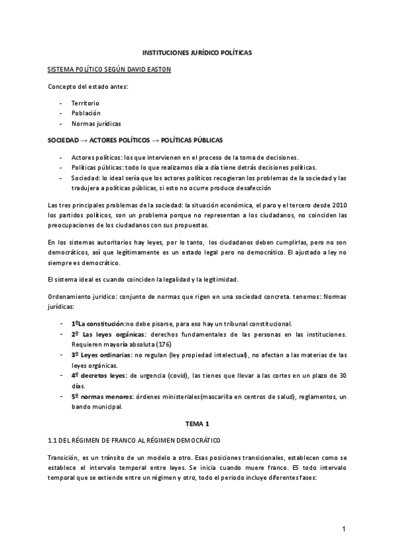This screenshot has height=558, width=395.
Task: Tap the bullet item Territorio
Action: pyautogui.click(x=86, y=104)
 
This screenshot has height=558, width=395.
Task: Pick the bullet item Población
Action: pyautogui.click(x=86, y=113)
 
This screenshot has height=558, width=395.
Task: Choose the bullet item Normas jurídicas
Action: pyautogui.click(x=96, y=123)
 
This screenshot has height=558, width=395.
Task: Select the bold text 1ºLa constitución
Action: pyautogui.click(x=98, y=324)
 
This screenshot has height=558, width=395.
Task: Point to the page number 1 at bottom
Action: pyautogui.click(x=344, y=528)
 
